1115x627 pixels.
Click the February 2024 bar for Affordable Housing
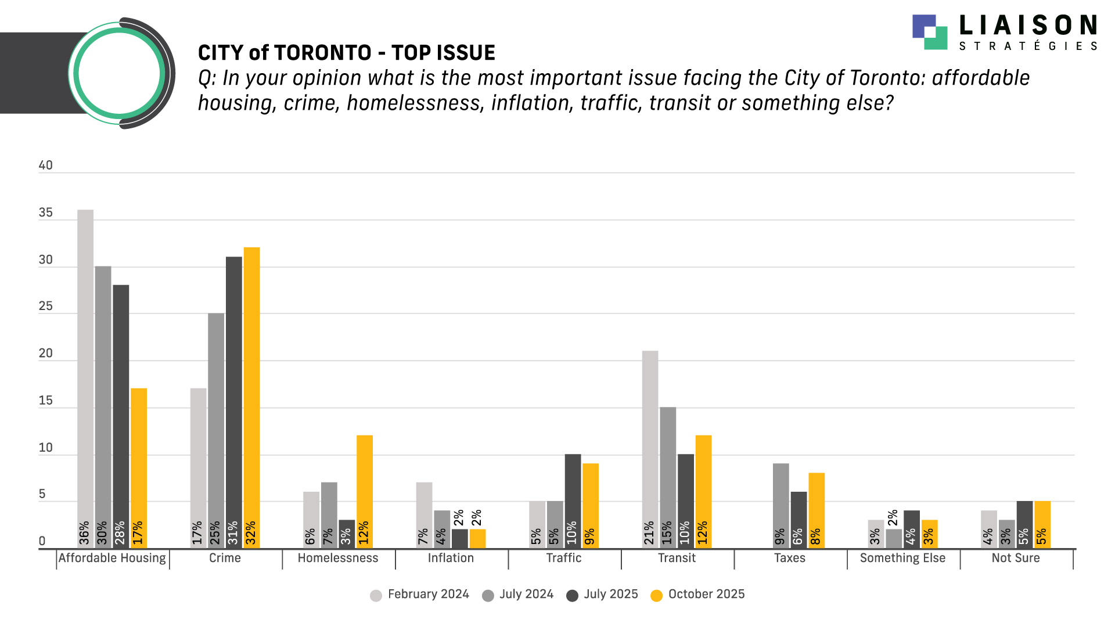tap(85, 377)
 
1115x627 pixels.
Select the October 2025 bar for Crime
tap(251, 395)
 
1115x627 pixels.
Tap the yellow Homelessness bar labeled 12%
tap(364, 488)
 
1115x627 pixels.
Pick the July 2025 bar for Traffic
tap(573, 499)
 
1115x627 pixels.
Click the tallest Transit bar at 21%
tap(650, 447)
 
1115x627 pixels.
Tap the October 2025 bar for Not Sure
tap(1042, 522)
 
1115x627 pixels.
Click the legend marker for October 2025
tap(657, 596)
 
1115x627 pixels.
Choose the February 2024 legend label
tap(428, 594)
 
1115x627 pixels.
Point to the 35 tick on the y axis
tap(46, 213)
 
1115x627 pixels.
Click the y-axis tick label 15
tap(46, 401)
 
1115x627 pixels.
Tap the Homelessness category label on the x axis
tap(338, 558)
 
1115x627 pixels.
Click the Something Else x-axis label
tap(902, 558)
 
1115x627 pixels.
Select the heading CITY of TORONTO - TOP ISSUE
tap(346, 53)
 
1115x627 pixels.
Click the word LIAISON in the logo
tap(1027, 26)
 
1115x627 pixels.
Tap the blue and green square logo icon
tap(930, 32)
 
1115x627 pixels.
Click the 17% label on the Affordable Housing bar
tap(138, 533)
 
